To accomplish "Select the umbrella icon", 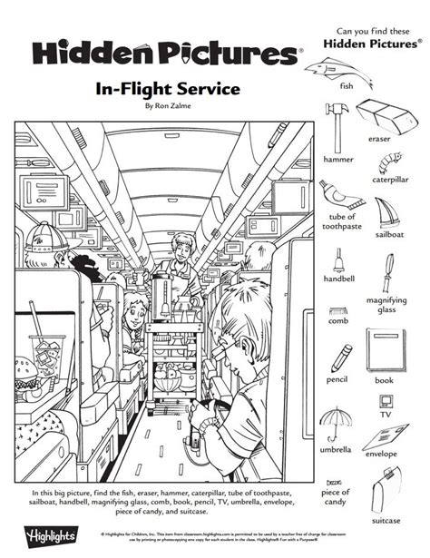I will [x=336, y=424].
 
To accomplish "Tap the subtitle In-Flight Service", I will [x=152, y=90].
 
